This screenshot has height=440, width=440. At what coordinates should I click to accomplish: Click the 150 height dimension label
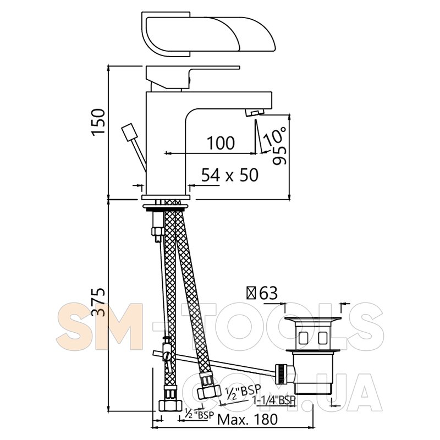point(98,122)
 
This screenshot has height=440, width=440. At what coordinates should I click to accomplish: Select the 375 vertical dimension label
point(98,301)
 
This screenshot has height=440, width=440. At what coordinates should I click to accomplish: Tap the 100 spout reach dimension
point(221,143)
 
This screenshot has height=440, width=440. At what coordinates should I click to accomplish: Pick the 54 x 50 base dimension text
point(230,175)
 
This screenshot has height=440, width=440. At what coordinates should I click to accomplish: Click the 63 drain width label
point(268,294)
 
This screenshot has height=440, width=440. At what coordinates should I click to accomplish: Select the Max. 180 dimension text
point(248,420)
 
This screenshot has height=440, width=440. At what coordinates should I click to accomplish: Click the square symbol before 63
point(251,294)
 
